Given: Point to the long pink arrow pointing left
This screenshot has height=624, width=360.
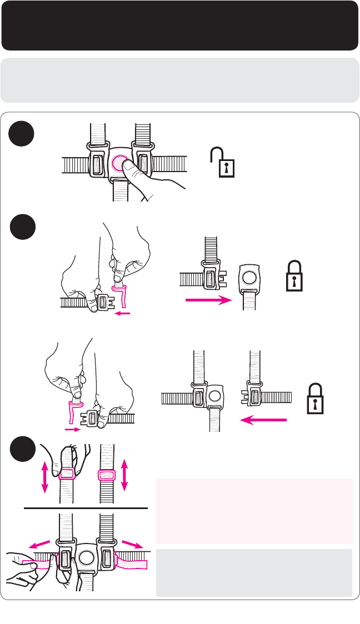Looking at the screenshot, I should click(263, 421).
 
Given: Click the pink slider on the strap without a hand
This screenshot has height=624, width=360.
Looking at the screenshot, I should click(106, 475).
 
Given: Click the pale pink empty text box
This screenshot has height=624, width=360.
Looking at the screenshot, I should click(254, 511).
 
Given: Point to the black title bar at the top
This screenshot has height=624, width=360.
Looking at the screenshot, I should click(179, 26).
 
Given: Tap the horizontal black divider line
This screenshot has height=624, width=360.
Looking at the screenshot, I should click(86, 508).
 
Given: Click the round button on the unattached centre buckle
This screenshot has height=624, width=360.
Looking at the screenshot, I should click(248, 276).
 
